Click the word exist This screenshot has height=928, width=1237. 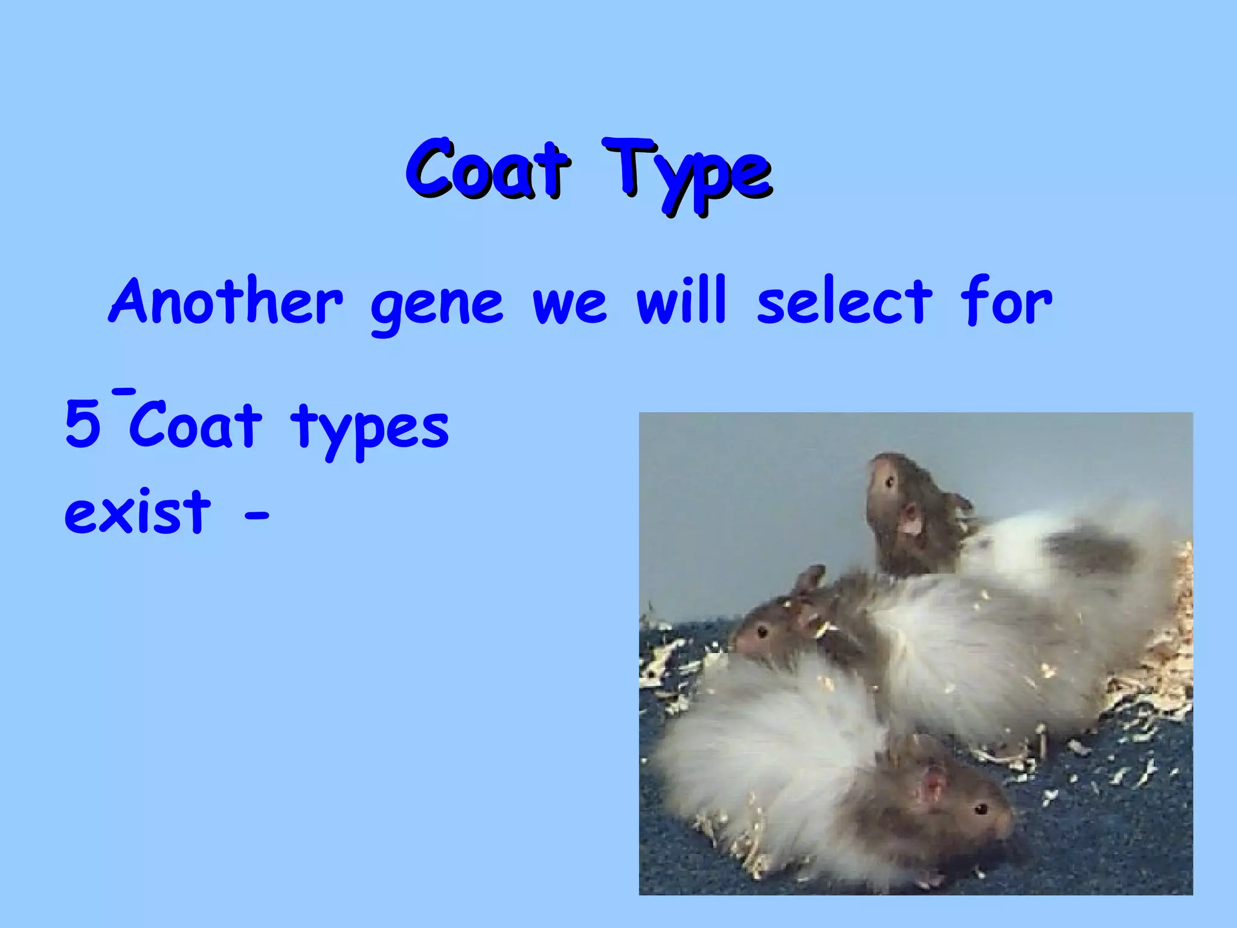138,512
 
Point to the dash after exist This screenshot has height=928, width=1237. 256,517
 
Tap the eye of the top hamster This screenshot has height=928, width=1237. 889,482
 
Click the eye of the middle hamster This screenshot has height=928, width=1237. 762,633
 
